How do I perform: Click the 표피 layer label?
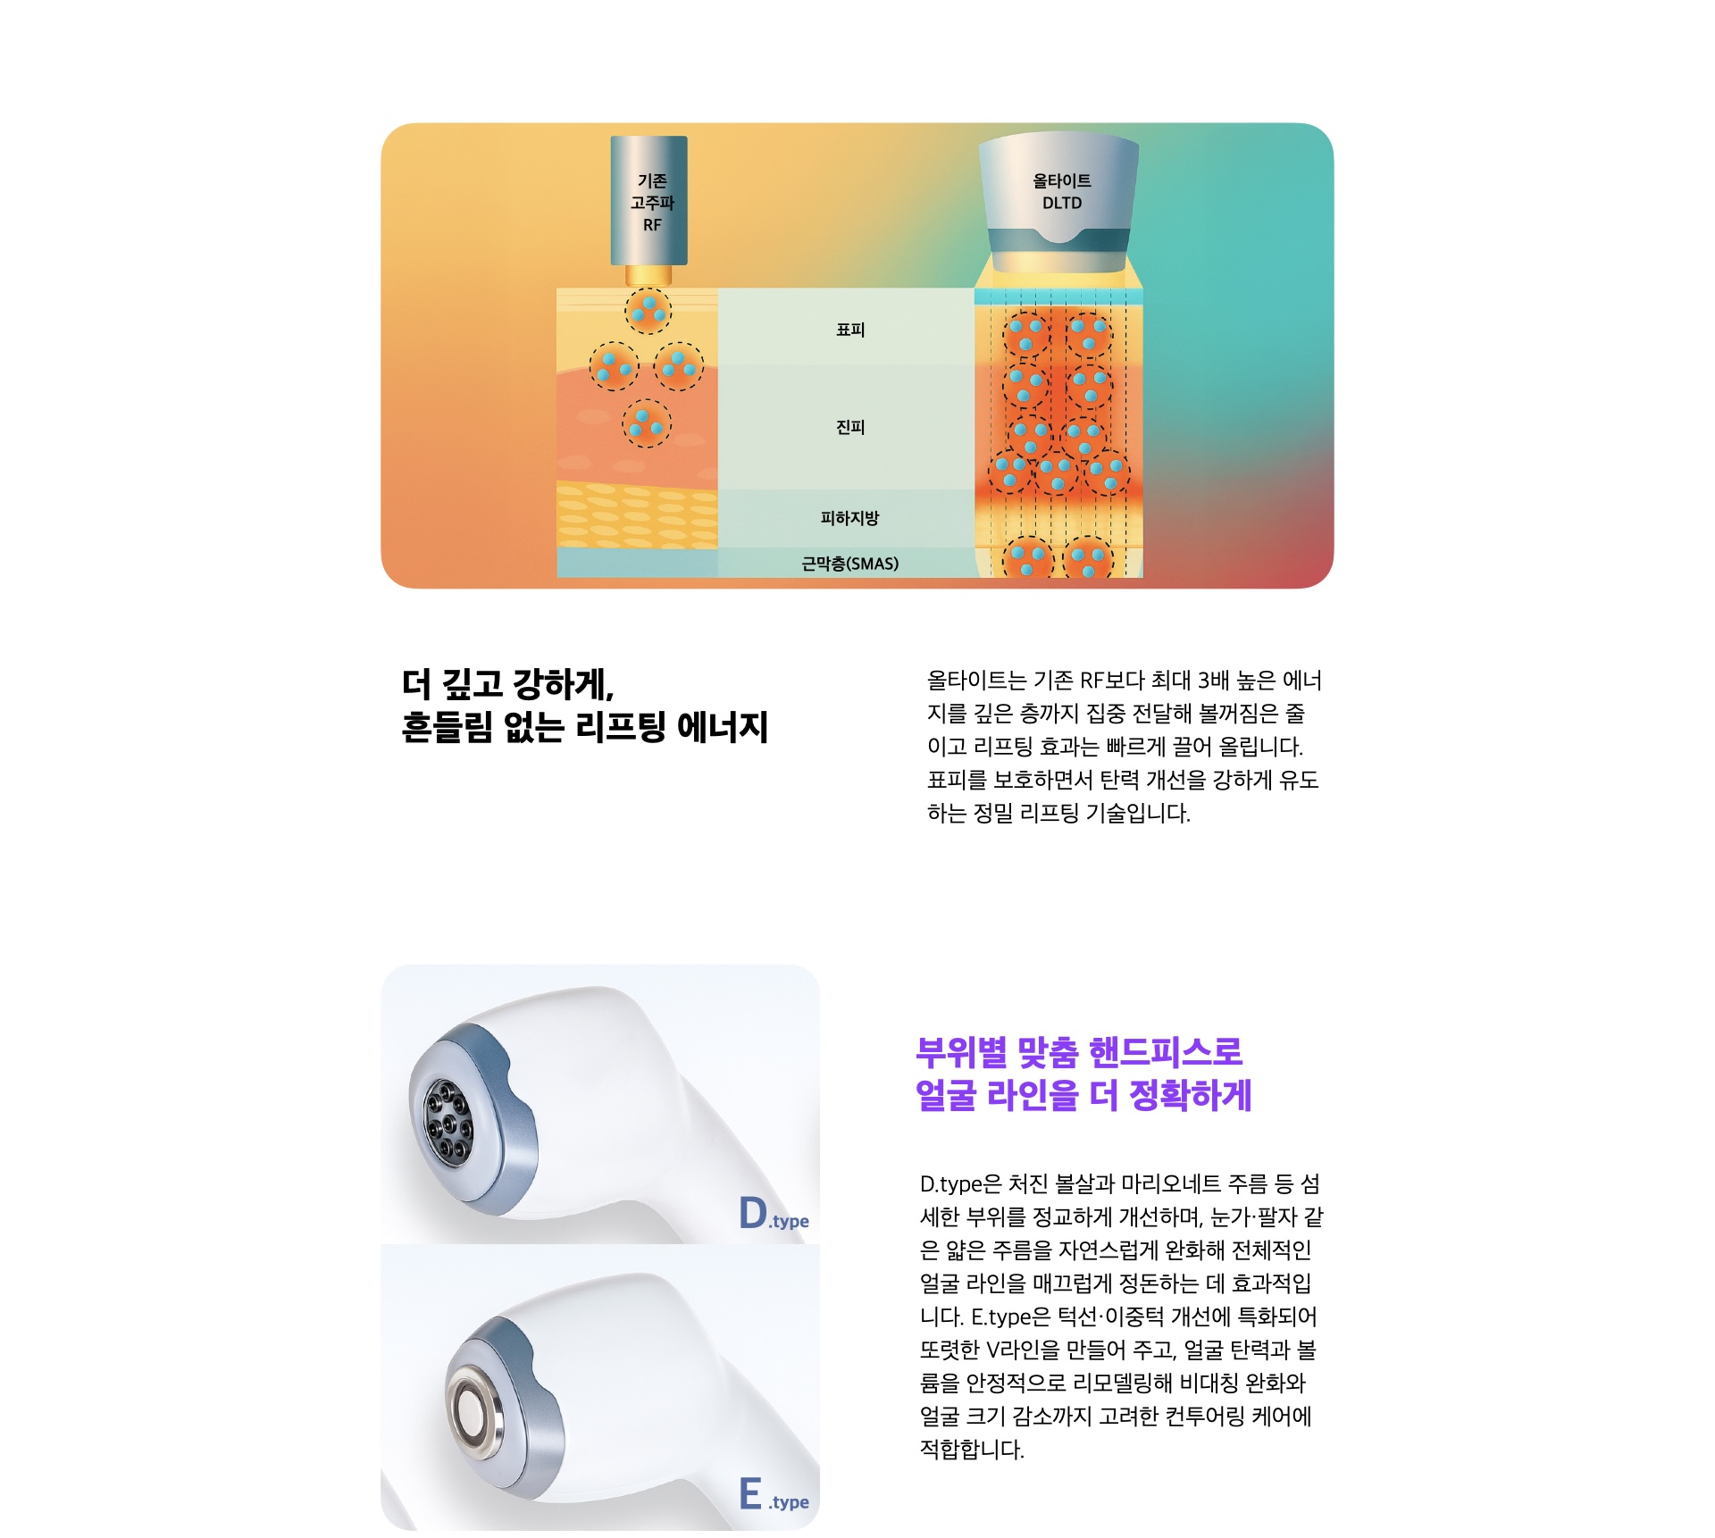point(850,330)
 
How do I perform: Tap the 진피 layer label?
point(850,427)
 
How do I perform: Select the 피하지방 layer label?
point(850,518)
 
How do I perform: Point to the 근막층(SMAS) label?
point(850,564)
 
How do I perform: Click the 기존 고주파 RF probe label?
point(652,203)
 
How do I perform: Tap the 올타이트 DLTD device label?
point(1062,192)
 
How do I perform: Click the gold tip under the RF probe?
point(648,275)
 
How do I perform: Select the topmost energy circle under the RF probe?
point(648,310)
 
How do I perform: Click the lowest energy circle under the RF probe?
point(647,423)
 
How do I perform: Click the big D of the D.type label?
point(753,1213)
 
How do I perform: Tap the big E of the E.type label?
point(750,1493)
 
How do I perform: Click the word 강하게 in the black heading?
point(564,685)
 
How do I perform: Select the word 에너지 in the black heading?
point(723,727)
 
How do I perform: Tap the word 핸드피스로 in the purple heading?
point(1166,1052)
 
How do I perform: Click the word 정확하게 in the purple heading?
point(1191,1095)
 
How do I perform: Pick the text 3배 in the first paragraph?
point(1214,681)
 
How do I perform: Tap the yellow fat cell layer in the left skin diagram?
point(637,515)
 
